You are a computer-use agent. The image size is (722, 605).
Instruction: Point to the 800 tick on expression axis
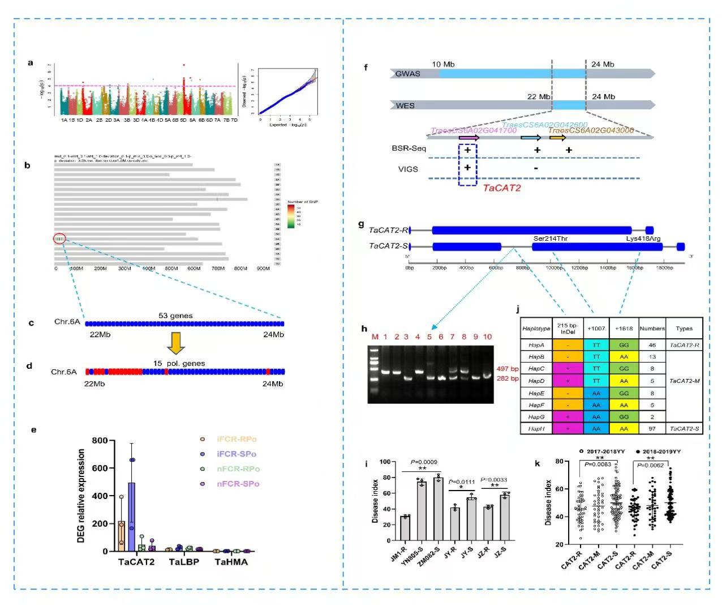coord(100,441)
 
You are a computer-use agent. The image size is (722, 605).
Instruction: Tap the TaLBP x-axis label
coord(184,562)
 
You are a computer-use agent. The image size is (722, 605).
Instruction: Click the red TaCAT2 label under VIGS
coord(501,188)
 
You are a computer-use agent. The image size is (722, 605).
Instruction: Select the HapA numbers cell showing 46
coord(652,344)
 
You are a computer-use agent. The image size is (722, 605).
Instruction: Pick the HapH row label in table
coord(536,429)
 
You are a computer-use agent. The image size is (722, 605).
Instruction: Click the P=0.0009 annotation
coord(423,462)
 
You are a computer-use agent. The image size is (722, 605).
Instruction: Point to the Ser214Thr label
coord(550,238)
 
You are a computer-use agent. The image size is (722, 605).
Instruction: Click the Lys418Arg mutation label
coord(643,238)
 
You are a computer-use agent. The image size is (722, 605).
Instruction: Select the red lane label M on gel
coord(374,336)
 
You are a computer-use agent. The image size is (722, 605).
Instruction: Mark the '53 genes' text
coord(175,316)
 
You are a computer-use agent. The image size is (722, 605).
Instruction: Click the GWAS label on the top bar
coord(407,74)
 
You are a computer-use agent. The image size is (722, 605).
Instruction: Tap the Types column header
coord(684,329)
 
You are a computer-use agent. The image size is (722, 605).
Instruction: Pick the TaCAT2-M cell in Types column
coord(684,381)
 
